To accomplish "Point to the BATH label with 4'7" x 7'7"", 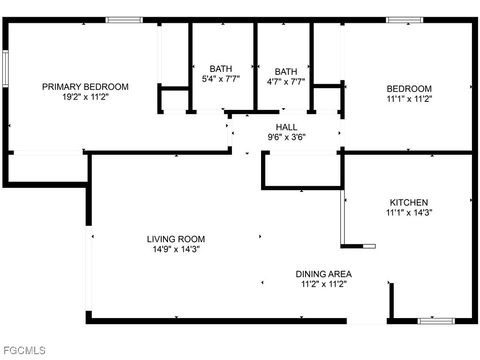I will (x=286, y=71).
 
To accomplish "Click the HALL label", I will (x=286, y=126).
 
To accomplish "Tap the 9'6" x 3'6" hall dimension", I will (x=286, y=137).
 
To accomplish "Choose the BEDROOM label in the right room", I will (x=408, y=88).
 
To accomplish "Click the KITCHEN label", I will (x=408, y=201).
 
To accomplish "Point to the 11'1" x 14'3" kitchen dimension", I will (x=408, y=212).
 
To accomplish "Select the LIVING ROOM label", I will (x=175, y=238).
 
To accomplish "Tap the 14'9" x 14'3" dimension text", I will (x=175, y=249).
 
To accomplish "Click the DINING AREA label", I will (x=323, y=273).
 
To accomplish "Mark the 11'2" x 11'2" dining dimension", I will (x=323, y=284).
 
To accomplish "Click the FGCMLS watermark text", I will (x=25, y=350).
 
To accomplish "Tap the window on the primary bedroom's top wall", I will (x=124, y=20).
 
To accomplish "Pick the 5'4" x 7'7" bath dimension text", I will (x=221, y=79).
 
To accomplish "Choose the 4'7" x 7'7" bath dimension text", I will (x=286, y=82).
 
